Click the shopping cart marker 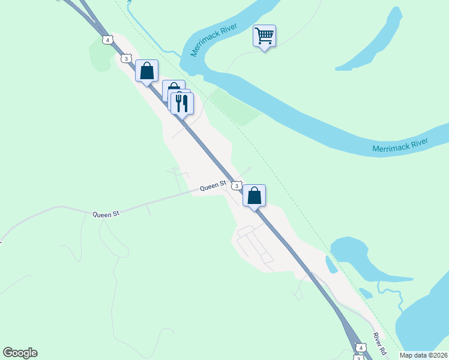click(x=264, y=37)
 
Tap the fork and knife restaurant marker click(x=182, y=103)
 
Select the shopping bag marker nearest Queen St click(x=255, y=196)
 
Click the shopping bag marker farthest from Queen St click(x=146, y=71)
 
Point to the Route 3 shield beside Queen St click(x=237, y=186)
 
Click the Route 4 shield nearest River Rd click(x=360, y=347)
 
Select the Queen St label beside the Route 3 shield click(x=212, y=187)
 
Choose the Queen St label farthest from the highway click(x=106, y=214)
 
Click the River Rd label click(x=378, y=342)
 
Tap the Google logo click(x=20, y=353)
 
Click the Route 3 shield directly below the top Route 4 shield click(x=125, y=58)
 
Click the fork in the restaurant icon click(x=178, y=103)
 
